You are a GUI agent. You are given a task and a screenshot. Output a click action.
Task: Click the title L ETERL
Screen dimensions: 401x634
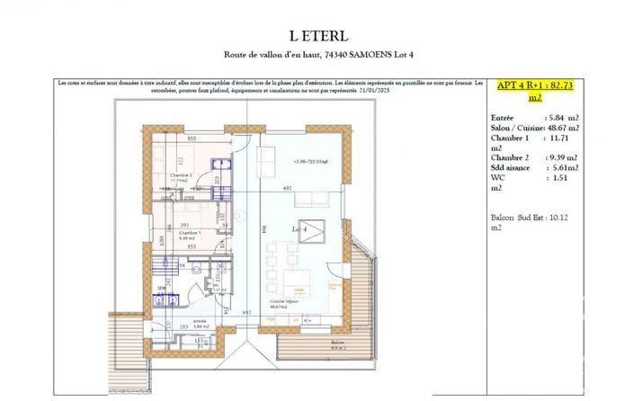(x=317, y=35)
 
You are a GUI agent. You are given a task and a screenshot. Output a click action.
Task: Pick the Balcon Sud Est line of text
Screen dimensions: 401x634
(x=522, y=217)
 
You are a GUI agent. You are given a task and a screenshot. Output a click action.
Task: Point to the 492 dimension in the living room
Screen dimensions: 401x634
(x=289, y=188)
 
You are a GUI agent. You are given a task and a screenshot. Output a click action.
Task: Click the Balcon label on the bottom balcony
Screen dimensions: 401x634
(x=337, y=343)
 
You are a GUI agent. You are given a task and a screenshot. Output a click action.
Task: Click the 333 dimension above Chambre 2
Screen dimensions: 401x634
(x=192, y=138)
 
